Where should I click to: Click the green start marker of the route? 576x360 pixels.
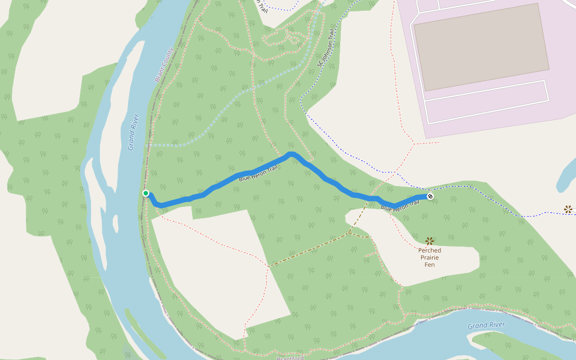coord(146,193)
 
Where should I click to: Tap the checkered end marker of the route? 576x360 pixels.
coord(430,196)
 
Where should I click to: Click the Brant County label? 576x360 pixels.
coord(163,64)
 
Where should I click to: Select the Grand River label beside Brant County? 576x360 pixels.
coord(133,131)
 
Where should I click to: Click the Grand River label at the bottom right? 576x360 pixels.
coord(486,326)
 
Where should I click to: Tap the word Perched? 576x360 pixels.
coord(430,250)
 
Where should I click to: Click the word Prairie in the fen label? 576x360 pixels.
coord(430,257)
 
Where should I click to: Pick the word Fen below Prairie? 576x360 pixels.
coord(430,265)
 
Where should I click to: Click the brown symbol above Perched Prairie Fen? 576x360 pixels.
coord(430,241)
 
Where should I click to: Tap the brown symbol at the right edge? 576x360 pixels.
coord(568,209)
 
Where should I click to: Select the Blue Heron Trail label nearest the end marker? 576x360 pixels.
coord(399,206)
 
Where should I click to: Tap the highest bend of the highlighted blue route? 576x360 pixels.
coord(292,154)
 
